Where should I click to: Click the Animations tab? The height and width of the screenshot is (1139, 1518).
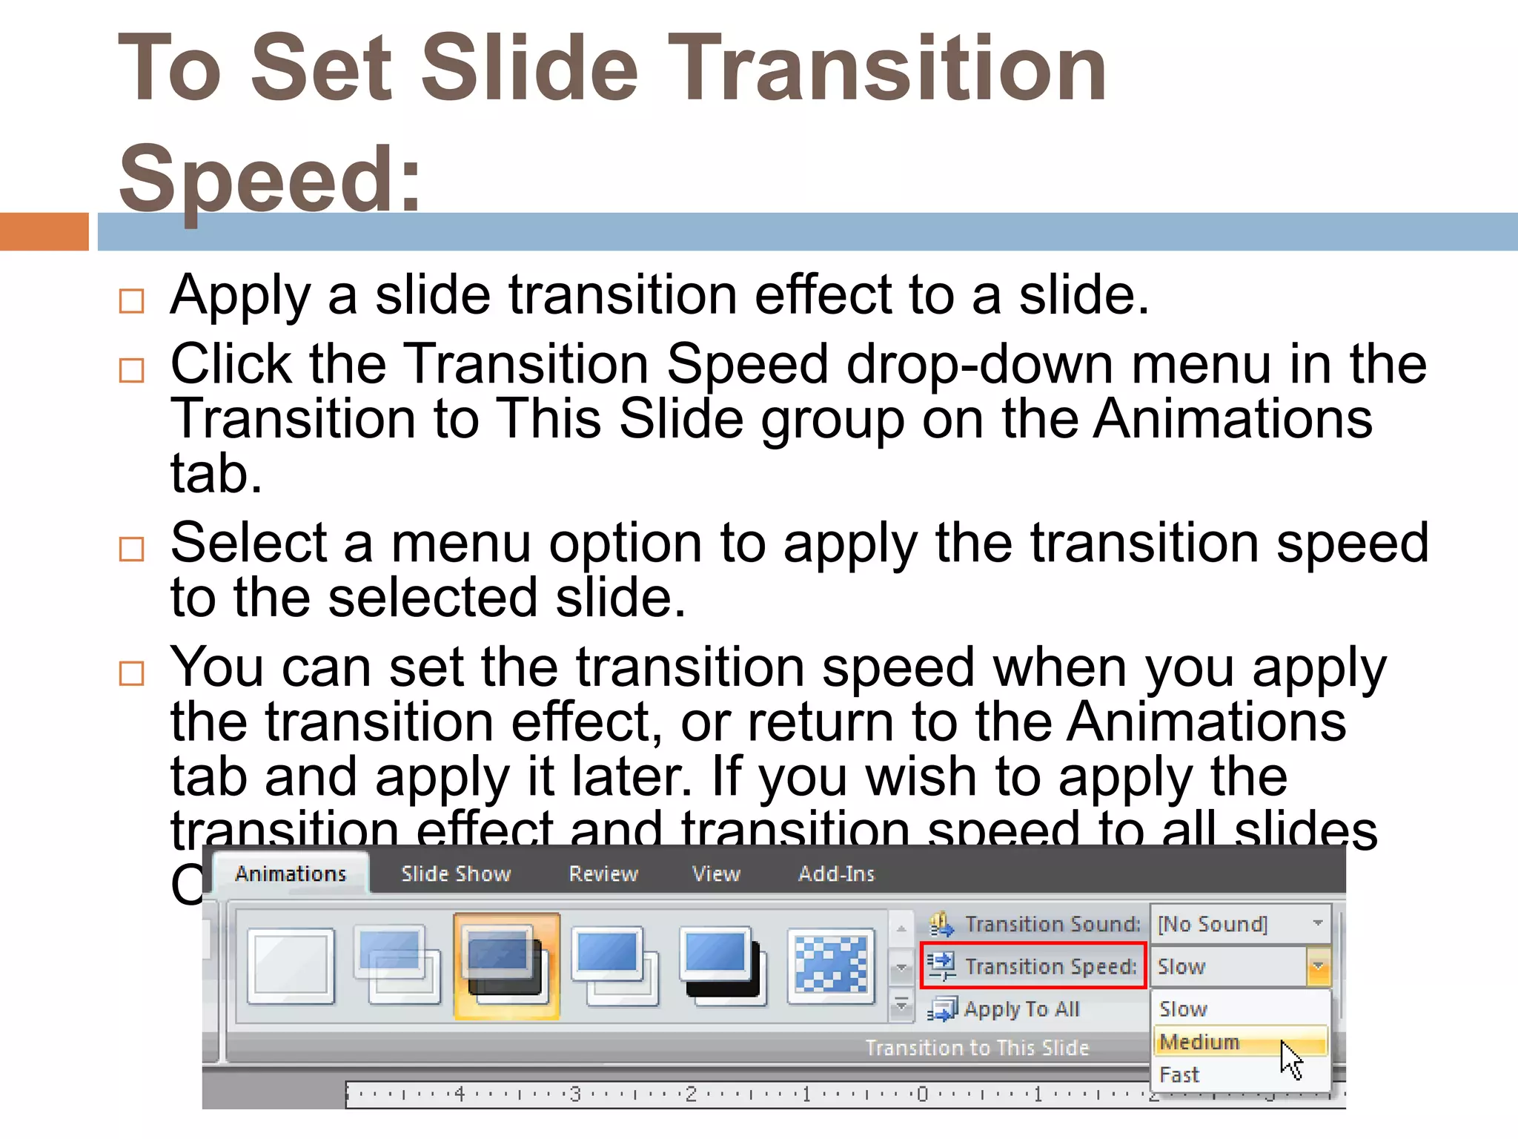point(291,874)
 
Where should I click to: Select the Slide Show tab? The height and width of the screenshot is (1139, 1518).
point(456,874)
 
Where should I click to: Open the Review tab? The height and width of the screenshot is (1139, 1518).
point(603,874)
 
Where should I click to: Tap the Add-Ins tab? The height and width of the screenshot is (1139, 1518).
point(836,874)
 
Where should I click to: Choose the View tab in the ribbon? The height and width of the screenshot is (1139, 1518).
point(716,874)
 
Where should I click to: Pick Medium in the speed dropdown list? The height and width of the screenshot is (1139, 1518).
point(1200,1042)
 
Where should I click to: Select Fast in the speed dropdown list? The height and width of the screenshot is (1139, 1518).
point(1179,1074)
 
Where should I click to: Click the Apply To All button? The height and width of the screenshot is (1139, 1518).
point(1021,1009)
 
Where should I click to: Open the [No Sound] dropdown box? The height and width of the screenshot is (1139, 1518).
point(1241,924)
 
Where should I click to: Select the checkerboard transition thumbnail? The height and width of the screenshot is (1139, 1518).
point(831,965)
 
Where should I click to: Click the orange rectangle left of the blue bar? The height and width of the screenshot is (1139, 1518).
point(44,231)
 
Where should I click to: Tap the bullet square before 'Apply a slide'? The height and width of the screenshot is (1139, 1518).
point(131,301)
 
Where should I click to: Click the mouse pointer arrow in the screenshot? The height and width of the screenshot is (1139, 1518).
point(1290,1058)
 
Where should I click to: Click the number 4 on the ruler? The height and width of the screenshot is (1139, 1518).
point(460,1094)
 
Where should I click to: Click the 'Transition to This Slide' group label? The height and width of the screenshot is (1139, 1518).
point(977,1048)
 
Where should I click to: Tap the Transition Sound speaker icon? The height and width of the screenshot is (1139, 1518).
point(941,924)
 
